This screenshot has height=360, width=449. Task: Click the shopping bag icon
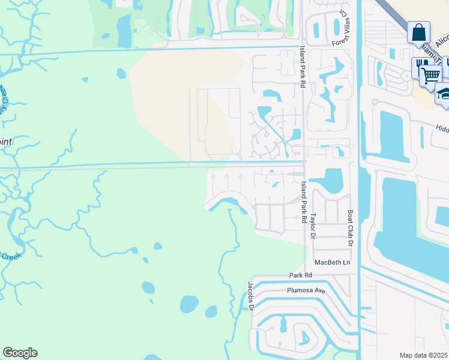[418, 32]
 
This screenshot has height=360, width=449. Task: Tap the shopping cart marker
[430, 76]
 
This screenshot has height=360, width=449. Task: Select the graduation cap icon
[444, 94]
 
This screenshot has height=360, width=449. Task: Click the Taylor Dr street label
[312, 224]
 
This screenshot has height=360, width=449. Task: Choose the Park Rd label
[301, 275]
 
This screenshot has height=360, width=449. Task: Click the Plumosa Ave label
[306, 290]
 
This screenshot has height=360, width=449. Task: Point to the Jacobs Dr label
[251, 296]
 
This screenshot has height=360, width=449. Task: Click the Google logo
[20, 353]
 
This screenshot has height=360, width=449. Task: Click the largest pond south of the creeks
[189, 304]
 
